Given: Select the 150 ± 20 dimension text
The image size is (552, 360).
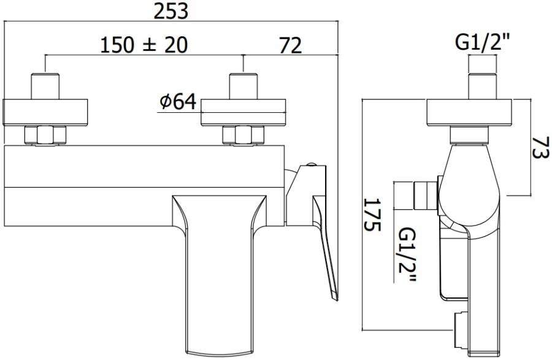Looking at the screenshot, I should click(x=144, y=45).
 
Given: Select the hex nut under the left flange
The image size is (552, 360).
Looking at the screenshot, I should click(x=46, y=136).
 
